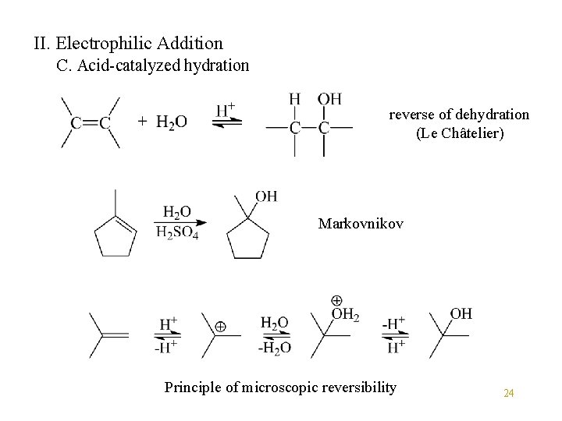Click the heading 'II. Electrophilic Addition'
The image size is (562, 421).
click(x=128, y=44)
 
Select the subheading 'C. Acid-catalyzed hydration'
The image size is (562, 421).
click(x=154, y=65)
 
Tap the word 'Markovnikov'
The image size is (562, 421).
click(x=361, y=224)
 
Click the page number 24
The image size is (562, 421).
click(x=508, y=393)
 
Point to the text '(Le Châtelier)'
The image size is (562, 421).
click(x=461, y=133)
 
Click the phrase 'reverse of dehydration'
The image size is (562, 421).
click(x=459, y=115)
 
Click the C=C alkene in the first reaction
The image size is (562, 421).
click(x=91, y=122)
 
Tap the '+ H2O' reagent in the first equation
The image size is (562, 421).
click(x=162, y=122)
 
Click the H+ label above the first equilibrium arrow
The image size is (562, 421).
click(x=226, y=109)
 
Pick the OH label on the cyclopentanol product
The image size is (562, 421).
click(x=265, y=196)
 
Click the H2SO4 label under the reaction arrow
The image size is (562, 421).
click(x=177, y=233)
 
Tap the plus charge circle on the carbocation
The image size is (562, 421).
click(x=221, y=328)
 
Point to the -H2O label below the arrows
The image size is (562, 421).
click(x=274, y=347)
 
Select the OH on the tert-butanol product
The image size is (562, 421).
click(x=461, y=313)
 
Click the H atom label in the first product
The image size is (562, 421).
click(x=293, y=99)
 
